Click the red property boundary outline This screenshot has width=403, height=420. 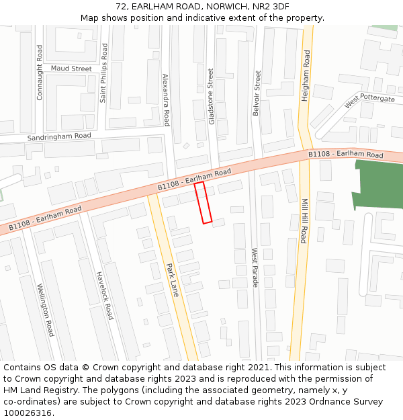point(204,202)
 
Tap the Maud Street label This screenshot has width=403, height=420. point(71,69)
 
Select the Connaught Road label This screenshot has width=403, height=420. point(40,73)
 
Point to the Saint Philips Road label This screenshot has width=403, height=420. point(103,73)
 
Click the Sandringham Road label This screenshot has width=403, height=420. point(58,136)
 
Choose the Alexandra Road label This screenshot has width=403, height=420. point(166,100)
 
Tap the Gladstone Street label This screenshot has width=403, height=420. point(211,95)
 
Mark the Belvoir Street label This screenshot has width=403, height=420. point(257,93)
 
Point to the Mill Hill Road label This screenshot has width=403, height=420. point(304,220)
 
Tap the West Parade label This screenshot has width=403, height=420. point(255,267)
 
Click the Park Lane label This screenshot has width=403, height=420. point(173,280)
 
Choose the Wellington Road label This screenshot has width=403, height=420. point(46,309)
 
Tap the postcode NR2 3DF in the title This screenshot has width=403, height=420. point(272,6)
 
